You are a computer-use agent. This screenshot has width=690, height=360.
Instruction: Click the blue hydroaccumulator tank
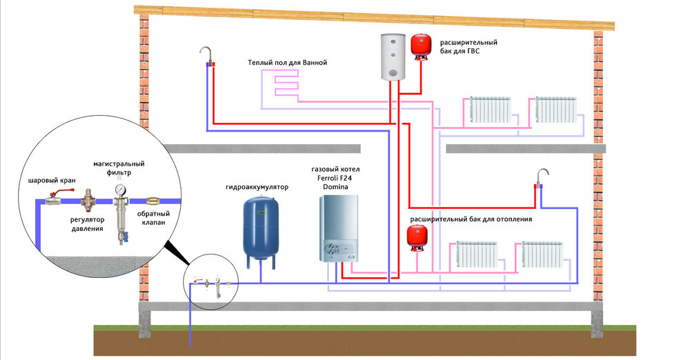(261, 228)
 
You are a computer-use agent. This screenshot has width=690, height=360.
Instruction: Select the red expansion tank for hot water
(419, 45)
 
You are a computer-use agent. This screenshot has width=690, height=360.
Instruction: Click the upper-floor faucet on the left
(205, 54)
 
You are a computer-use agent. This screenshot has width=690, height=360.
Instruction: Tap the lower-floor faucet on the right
(542, 177)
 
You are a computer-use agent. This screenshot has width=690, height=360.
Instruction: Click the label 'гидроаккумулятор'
(257, 187)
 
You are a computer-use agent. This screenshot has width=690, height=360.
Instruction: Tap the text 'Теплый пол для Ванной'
(287, 63)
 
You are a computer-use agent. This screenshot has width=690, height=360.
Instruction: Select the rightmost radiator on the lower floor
(543, 254)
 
